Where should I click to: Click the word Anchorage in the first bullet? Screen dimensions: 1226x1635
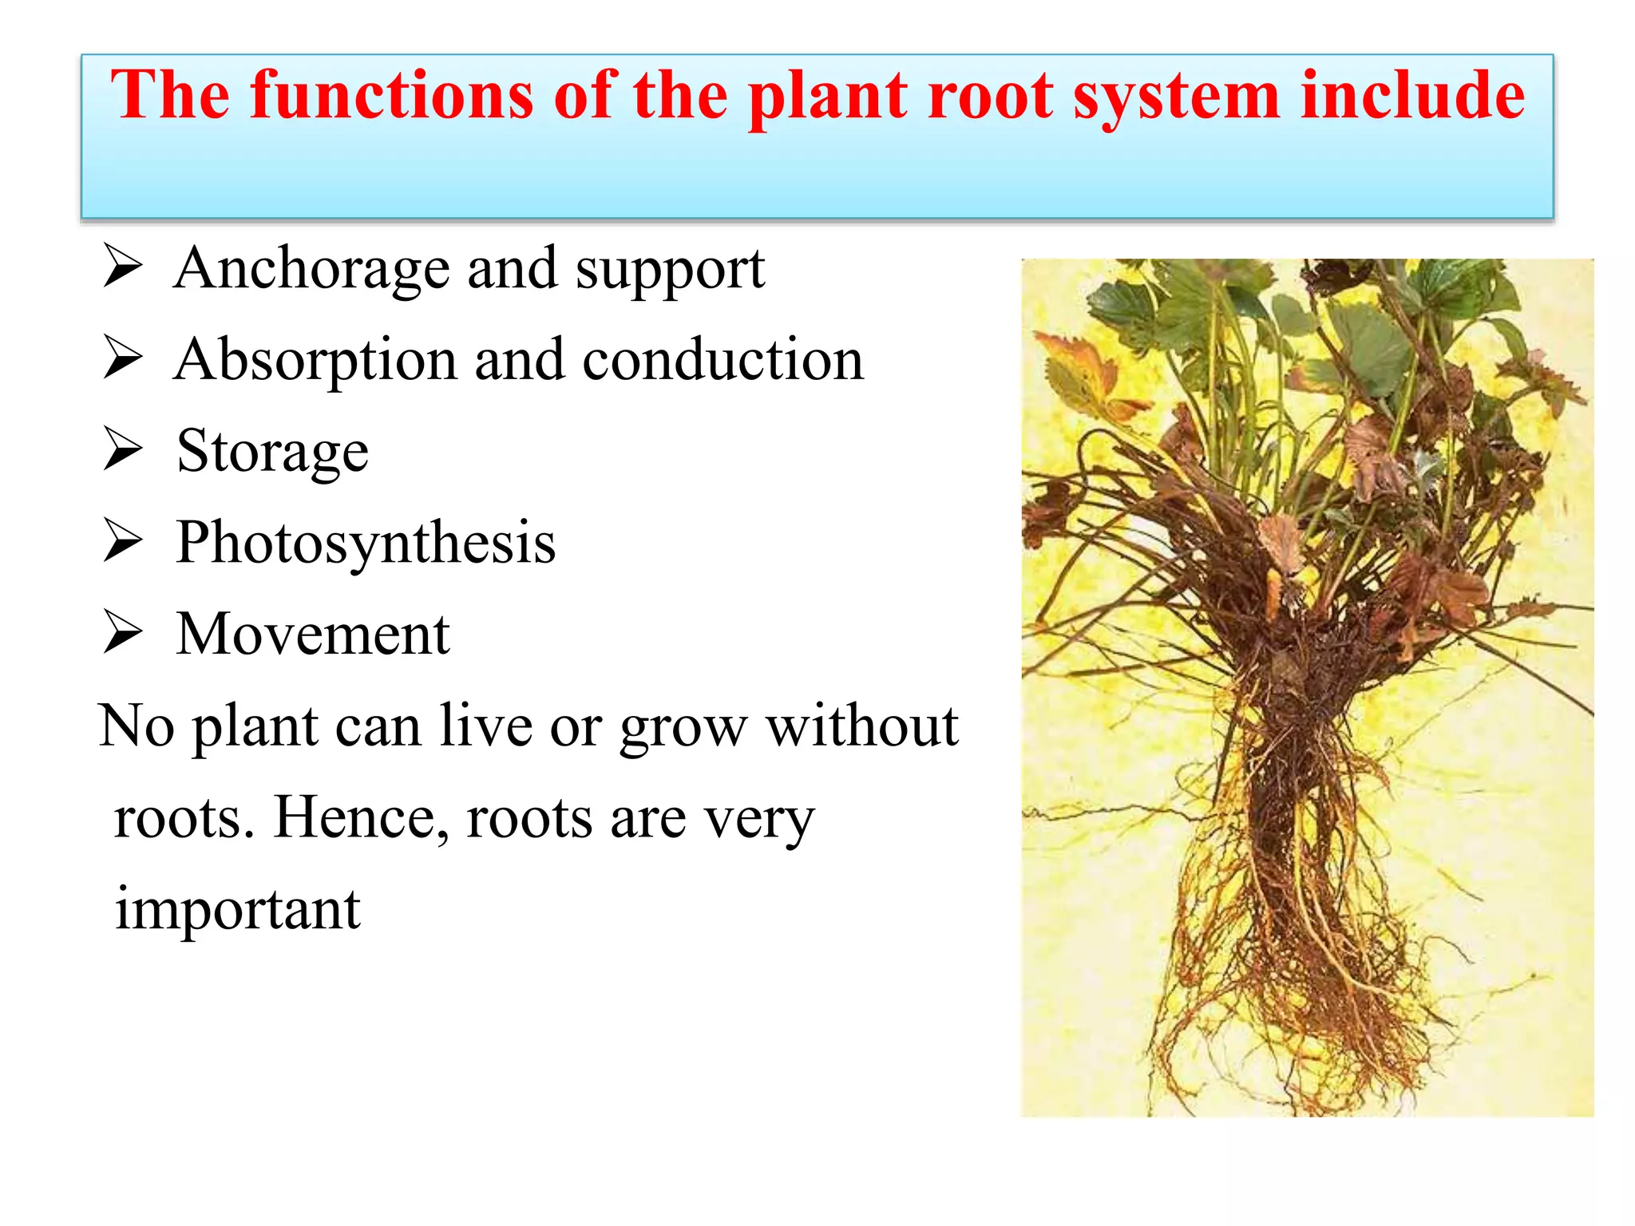pyautogui.click(x=311, y=269)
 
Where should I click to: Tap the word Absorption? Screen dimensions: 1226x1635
pyautogui.click(x=315, y=361)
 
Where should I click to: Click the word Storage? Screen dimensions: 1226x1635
pyautogui.click(x=272, y=453)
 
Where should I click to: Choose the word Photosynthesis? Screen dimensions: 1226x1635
pyautogui.click(x=366, y=544)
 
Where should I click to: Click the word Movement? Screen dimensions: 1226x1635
pyautogui.click(x=313, y=635)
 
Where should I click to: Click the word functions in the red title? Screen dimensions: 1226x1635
pyautogui.click(x=391, y=95)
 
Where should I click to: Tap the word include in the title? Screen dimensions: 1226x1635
pyautogui.click(x=1412, y=95)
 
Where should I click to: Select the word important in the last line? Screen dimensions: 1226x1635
pyautogui.click(x=238, y=910)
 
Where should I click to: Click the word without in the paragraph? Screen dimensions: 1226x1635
pyautogui.click(x=861, y=726)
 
